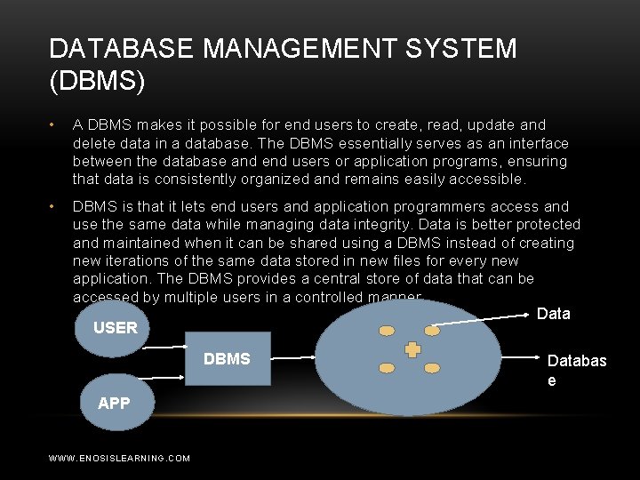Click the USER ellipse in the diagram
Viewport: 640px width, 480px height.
click(x=115, y=326)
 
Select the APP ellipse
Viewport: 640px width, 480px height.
click(x=114, y=404)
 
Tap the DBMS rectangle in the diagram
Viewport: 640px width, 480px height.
click(x=228, y=359)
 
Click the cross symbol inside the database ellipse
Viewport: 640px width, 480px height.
click(x=412, y=350)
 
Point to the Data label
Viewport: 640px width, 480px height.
click(x=554, y=314)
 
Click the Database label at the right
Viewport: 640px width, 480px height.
click(x=576, y=370)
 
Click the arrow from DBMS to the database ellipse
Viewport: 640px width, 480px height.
click(x=293, y=357)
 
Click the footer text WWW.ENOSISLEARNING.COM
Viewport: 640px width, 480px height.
click(x=119, y=458)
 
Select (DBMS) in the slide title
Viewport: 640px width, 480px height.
click(x=98, y=81)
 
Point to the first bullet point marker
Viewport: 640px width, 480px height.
click(x=54, y=124)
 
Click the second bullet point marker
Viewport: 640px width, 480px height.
click(x=54, y=206)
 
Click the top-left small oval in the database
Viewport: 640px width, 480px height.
click(x=387, y=331)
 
